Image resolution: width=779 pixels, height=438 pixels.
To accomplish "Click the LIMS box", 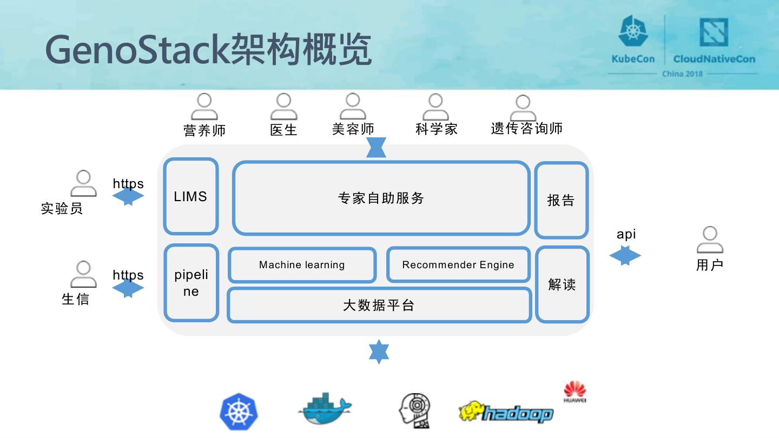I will (191, 196).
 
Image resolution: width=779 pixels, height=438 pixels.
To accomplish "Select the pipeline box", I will (191, 283).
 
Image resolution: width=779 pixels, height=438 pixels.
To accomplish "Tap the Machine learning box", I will (302, 265).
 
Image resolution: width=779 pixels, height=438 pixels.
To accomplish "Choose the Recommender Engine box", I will (458, 265).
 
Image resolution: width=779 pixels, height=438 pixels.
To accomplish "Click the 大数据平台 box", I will (379, 306).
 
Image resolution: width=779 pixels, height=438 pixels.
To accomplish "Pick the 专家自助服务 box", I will (381, 198).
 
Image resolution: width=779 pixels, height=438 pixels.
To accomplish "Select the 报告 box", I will (561, 201).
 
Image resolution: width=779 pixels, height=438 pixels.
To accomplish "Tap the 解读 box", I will (562, 284).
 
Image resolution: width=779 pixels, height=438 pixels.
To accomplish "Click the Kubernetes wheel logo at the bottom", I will (239, 413).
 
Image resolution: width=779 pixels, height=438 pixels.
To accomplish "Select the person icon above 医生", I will (283, 107).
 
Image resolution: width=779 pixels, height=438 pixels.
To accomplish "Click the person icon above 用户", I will (710, 240).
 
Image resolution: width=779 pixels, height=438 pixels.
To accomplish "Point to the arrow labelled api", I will (625, 256).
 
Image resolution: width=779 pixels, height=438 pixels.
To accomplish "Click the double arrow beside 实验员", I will (128, 196).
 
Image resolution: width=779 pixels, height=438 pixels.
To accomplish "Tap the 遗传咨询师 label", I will (526, 129).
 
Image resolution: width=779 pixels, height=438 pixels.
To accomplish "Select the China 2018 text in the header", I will (682, 74).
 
